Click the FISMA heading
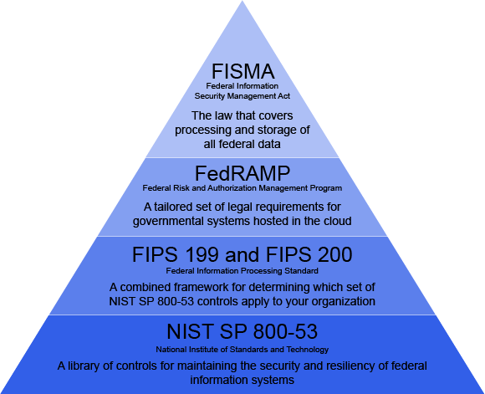[242, 71]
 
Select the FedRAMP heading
[242, 173]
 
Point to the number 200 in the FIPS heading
[335, 255]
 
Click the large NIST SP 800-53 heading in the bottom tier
[242, 331]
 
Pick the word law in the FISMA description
[222, 115]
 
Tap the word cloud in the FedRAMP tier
[338, 221]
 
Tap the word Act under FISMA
[284, 96]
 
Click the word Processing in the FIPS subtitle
[262, 271]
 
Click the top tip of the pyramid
[242, 1]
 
